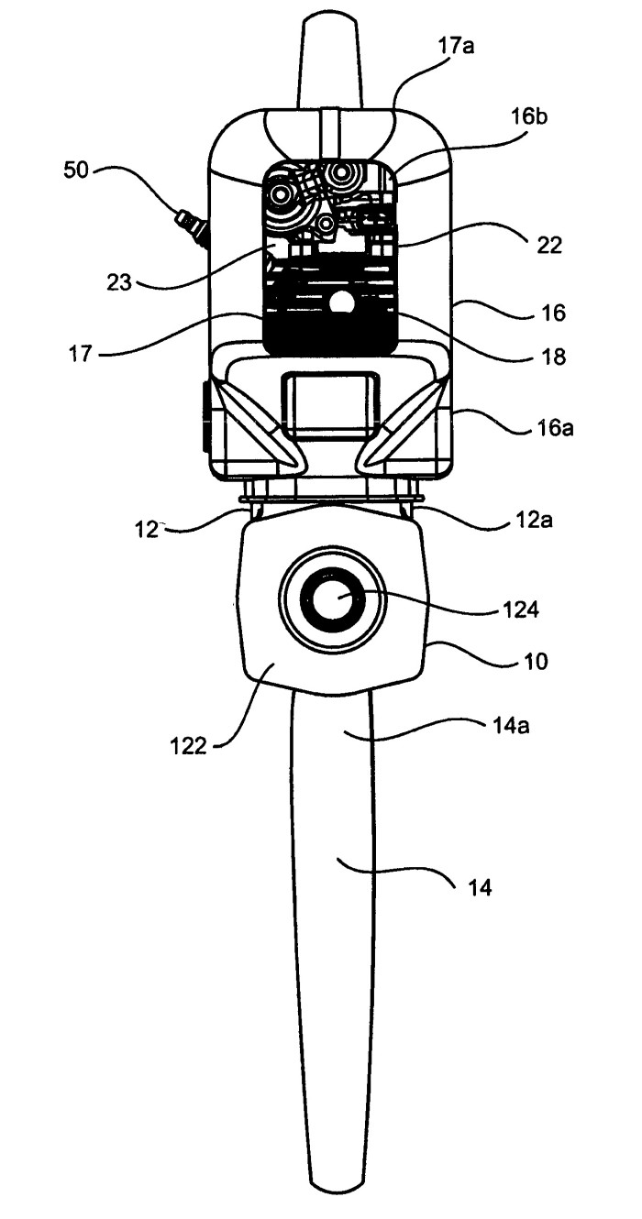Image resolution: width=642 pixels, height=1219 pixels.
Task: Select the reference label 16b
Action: click(x=528, y=117)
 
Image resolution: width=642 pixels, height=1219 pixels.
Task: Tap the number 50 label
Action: click(x=76, y=170)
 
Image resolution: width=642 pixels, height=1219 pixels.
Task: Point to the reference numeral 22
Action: click(x=548, y=245)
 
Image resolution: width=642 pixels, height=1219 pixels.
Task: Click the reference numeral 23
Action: click(x=119, y=282)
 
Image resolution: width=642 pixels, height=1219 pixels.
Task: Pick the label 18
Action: click(x=553, y=357)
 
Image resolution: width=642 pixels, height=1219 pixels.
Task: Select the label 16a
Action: click(x=553, y=428)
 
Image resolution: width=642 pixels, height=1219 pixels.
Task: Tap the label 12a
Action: click(x=533, y=521)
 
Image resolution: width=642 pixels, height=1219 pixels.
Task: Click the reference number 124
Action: click(x=521, y=609)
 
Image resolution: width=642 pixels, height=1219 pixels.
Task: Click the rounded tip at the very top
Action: click(x=330, y=22)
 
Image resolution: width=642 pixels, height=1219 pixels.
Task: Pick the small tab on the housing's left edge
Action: click(x=205, y=417)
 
